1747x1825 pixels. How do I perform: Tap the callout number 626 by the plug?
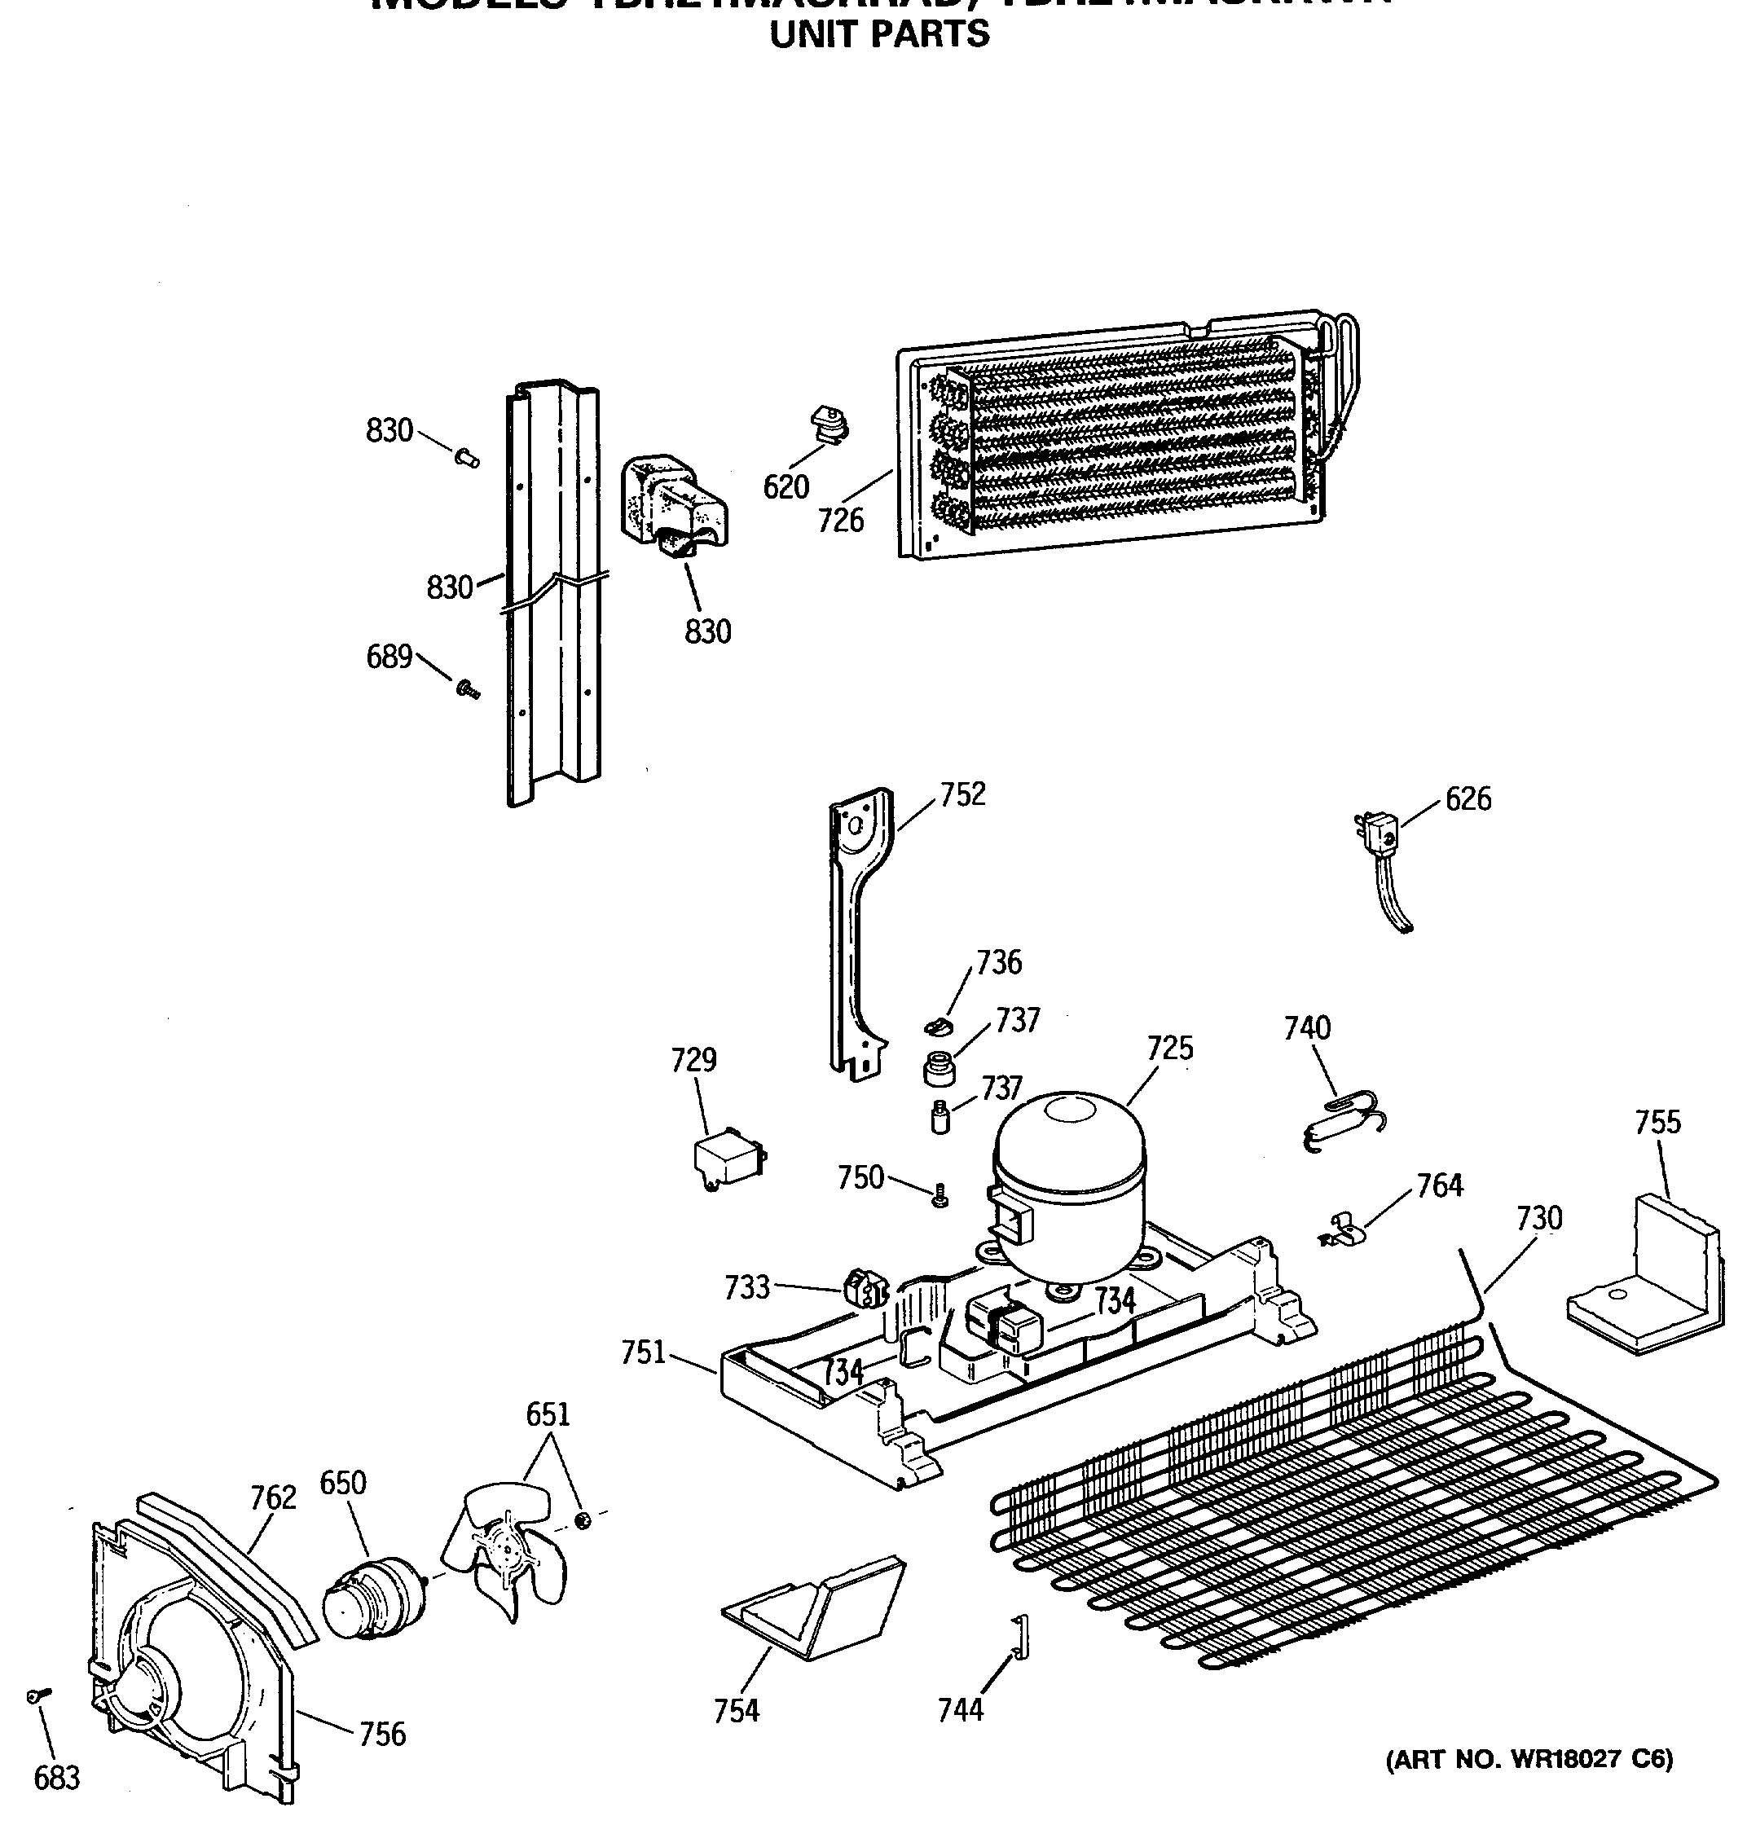pyautogui.click(x=1468, y=799)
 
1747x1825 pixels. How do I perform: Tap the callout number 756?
pyautogui.click(x=383, y=1734)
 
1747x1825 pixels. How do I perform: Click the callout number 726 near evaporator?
pyautogui.click(x=841, y=520)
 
